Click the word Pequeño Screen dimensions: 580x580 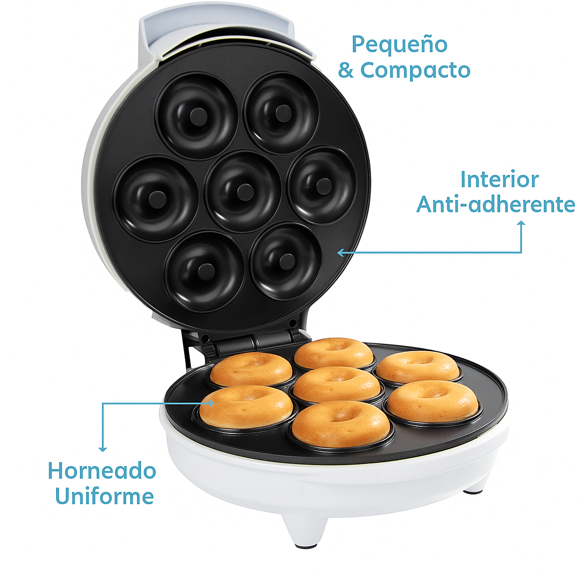pos(399,45)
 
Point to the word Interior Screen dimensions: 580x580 pos(499,180)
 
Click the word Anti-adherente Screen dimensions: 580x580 pos(496,204)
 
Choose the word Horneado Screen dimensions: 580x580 pos(102,471)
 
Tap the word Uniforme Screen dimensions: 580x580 pos(104,497)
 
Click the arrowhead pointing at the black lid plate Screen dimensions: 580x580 pos(340,253)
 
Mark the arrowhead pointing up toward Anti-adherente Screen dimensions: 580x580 pos(521,224)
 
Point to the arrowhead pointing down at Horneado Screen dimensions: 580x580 pos(103,449)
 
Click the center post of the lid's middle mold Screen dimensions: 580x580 pos(245,191)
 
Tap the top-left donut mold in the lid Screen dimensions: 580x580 pos(197,116)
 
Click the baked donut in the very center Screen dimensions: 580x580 pos(336,384)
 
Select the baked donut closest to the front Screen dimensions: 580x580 pos(340,423)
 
